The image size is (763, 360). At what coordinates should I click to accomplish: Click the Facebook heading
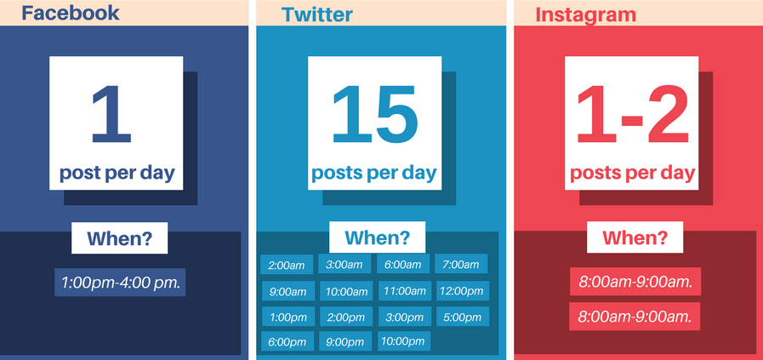tap(70, 13)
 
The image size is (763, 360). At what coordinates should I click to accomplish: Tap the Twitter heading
tap(316, 14)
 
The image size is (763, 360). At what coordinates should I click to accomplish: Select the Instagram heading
tap(585, 14)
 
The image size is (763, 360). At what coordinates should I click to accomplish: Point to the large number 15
tap(374, 114)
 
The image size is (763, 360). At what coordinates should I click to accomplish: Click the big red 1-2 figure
tap(633, 114)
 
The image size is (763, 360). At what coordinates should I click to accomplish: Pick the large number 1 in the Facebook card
tap(111, 114)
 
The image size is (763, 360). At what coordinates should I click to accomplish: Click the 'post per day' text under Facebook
tap(117, 174)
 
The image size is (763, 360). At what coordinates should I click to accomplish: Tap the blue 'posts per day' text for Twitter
tap(374, 174)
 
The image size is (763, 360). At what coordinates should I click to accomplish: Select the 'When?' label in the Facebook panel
tap(120, 238)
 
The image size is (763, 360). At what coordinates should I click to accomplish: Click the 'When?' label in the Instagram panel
tap(635, 237)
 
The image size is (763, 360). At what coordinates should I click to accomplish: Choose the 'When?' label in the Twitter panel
tap(377, 237)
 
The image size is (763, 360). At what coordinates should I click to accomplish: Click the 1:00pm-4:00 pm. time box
tap(120, 282)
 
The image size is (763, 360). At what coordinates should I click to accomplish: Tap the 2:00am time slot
tap(287, 265)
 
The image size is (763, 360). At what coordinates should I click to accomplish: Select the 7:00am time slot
tap(461, 264)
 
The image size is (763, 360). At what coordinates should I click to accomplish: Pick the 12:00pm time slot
tap(462, 291)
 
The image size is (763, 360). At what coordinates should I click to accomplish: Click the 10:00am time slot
tap(346, 291)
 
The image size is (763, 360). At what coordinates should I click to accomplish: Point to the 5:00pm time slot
tap(462, 317)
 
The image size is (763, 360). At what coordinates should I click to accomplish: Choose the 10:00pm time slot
tap(404, 341)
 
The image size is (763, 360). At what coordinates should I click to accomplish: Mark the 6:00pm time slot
tap(288, 341)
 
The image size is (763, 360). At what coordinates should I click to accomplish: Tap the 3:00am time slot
tap(344, 264)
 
